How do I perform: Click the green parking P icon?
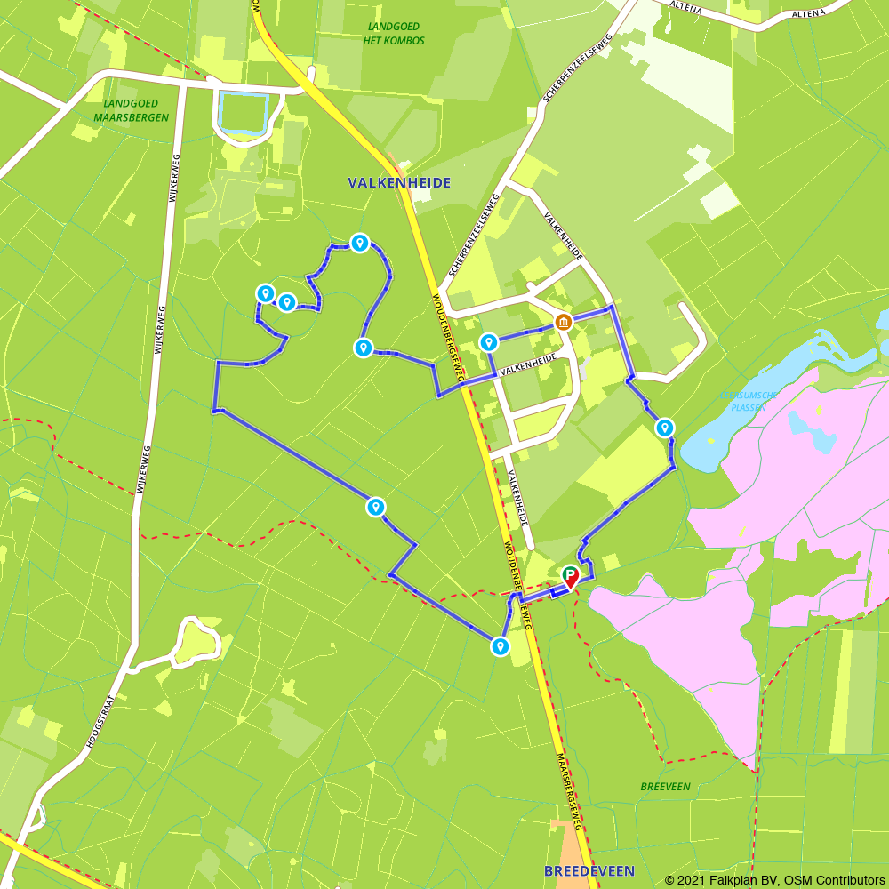pos(569,573)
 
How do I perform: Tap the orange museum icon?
pos(563,322)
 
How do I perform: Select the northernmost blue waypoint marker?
pos(359,243)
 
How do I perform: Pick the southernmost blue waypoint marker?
pos(501,647)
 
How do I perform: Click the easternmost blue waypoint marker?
pos(665,428)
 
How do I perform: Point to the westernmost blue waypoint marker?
pos(265,293)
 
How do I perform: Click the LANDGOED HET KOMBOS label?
pos(395,34)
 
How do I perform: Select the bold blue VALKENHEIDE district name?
pos(399,183)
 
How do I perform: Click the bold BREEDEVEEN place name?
pos(582,870)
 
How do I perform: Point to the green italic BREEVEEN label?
pos(665,787)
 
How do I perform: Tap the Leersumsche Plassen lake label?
pos(749,401)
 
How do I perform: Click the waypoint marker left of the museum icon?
pos(488,342)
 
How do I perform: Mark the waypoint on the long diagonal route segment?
pos(376,507)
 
